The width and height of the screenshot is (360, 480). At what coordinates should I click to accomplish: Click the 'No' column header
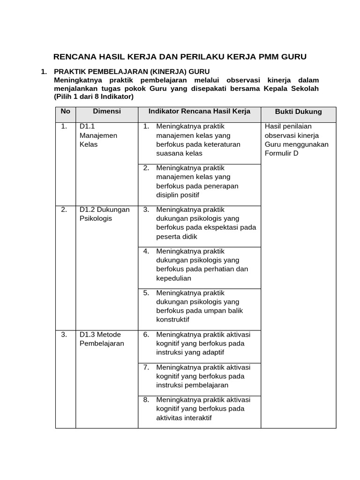click(66, 112)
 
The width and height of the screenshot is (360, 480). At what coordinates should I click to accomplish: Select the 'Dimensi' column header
click(107, 112)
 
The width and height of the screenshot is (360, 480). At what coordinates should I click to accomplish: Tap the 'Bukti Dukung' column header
click(298, 112)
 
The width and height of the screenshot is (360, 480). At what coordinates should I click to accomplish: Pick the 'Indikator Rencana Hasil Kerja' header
click(199, 112)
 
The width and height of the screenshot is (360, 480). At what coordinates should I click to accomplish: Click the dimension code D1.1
click(88, 127)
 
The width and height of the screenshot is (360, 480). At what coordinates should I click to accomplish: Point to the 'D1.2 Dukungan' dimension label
click(105, 210)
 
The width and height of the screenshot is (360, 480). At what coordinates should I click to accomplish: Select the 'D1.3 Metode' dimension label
click(100, 335)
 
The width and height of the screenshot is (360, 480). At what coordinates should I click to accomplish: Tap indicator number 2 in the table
click(146, 168)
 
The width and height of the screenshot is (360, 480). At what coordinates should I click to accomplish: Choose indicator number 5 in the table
click(146, 293)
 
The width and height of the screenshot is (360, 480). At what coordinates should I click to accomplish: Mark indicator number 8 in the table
click(146, 400)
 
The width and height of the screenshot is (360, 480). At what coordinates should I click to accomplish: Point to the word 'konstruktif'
click(173, 320)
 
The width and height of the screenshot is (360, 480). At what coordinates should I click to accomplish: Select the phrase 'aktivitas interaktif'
click(184, 418)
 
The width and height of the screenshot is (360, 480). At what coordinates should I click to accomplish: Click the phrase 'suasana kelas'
click(179, 153)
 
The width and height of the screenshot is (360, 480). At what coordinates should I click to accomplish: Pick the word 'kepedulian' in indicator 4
click(173, 278)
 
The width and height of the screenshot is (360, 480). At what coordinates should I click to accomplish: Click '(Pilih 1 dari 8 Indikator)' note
click(94, 97)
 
